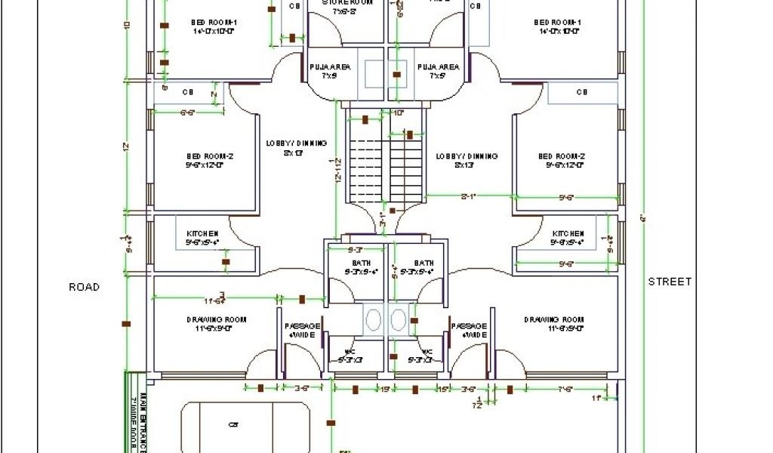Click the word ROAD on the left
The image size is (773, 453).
coord(84,287)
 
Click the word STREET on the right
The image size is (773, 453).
coord(670,282)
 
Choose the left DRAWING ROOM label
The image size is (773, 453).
coord(216,320)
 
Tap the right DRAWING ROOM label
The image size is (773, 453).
coord(554,320)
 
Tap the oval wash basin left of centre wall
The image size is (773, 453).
coord(374,319)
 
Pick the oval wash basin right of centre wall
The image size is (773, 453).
coord(399,319)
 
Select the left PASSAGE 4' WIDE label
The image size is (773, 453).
coord(302,330)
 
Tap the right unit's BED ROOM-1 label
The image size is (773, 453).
coord(559,27)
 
